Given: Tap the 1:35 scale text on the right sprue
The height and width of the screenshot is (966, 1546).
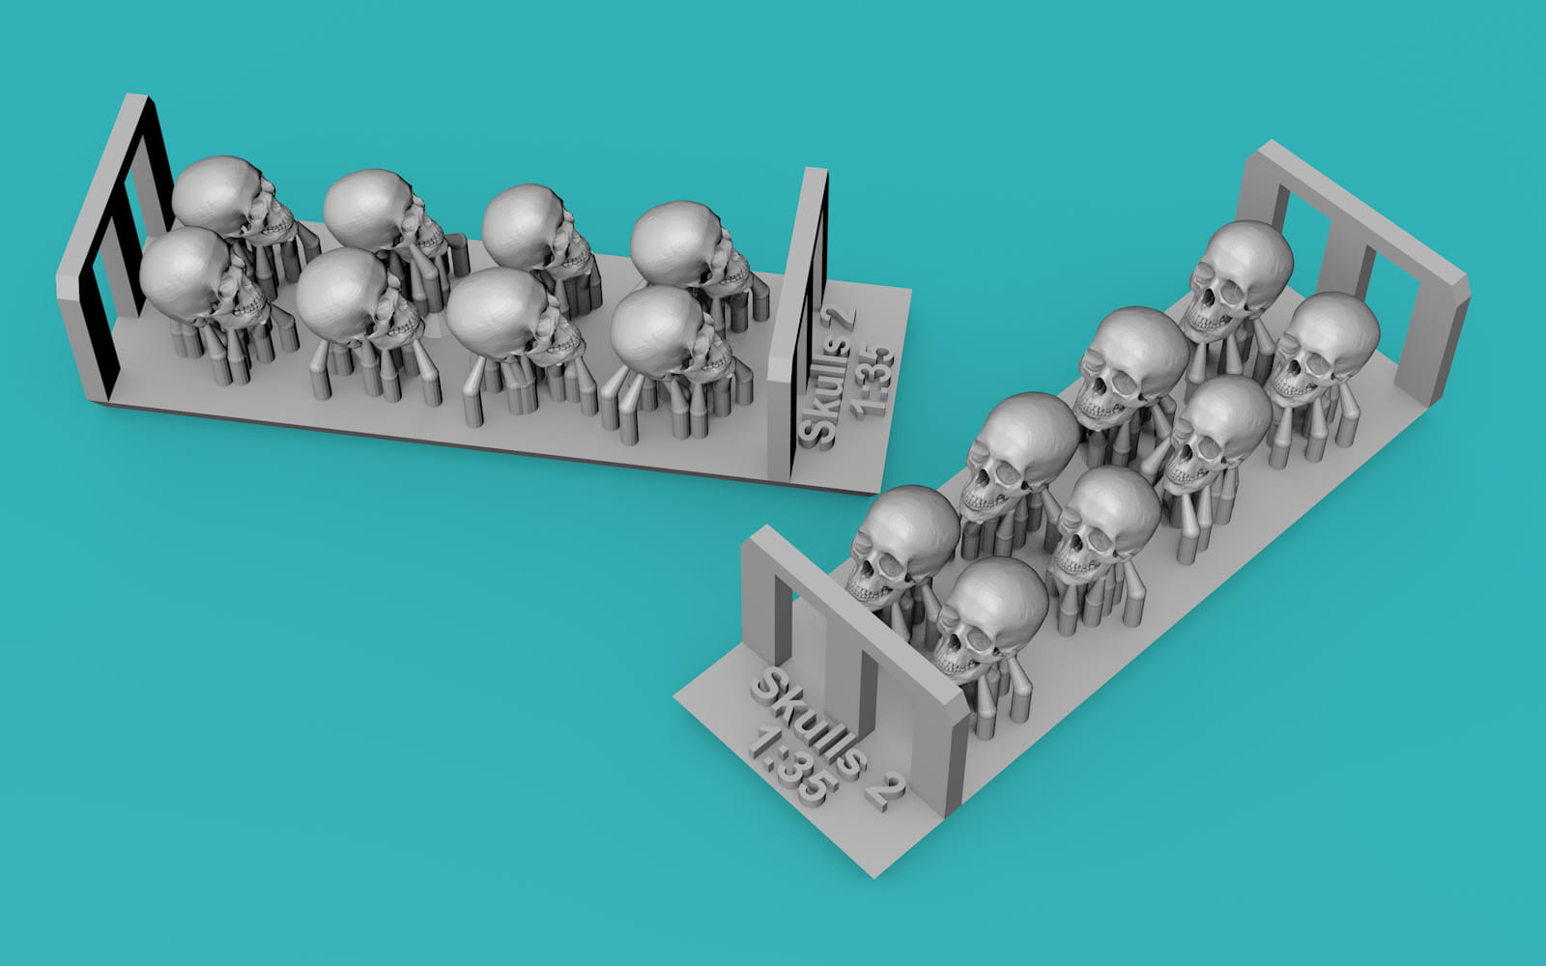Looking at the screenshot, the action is [787, 767].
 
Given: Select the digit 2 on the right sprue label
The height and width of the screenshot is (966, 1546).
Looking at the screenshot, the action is [888, 792].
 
